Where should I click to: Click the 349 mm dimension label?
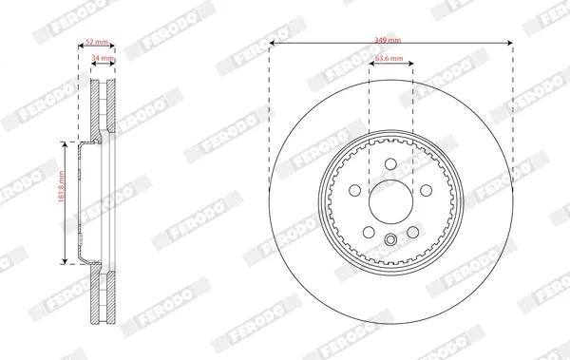388,40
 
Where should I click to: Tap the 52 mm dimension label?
96,42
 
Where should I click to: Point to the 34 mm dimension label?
103,58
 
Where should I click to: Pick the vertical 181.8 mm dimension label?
61,186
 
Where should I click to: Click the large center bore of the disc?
390,201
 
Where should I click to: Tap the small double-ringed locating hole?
390,239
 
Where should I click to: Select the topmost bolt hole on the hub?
390,164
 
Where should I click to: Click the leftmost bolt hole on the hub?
354,190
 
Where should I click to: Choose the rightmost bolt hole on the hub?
426,190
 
